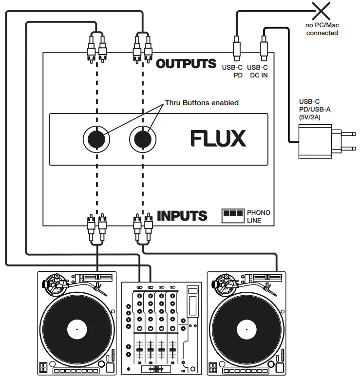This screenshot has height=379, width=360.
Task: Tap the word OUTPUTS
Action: click(186, 63)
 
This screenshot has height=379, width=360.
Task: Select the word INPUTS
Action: click(182, 215)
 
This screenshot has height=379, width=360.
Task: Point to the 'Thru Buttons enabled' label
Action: click(202, 103)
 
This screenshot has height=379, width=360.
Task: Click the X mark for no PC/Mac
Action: click(322, 10)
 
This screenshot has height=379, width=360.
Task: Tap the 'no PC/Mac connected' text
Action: click(322, 29)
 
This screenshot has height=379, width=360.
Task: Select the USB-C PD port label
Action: click(232, 71)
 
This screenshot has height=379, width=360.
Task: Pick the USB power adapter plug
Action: click(316, 141)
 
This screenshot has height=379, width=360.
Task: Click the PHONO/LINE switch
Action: click(232, 214)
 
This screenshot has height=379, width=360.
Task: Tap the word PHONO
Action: click(258, 212)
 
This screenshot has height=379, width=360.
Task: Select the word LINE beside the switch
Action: click(254, 220)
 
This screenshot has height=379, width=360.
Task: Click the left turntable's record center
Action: click(76, 331)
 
